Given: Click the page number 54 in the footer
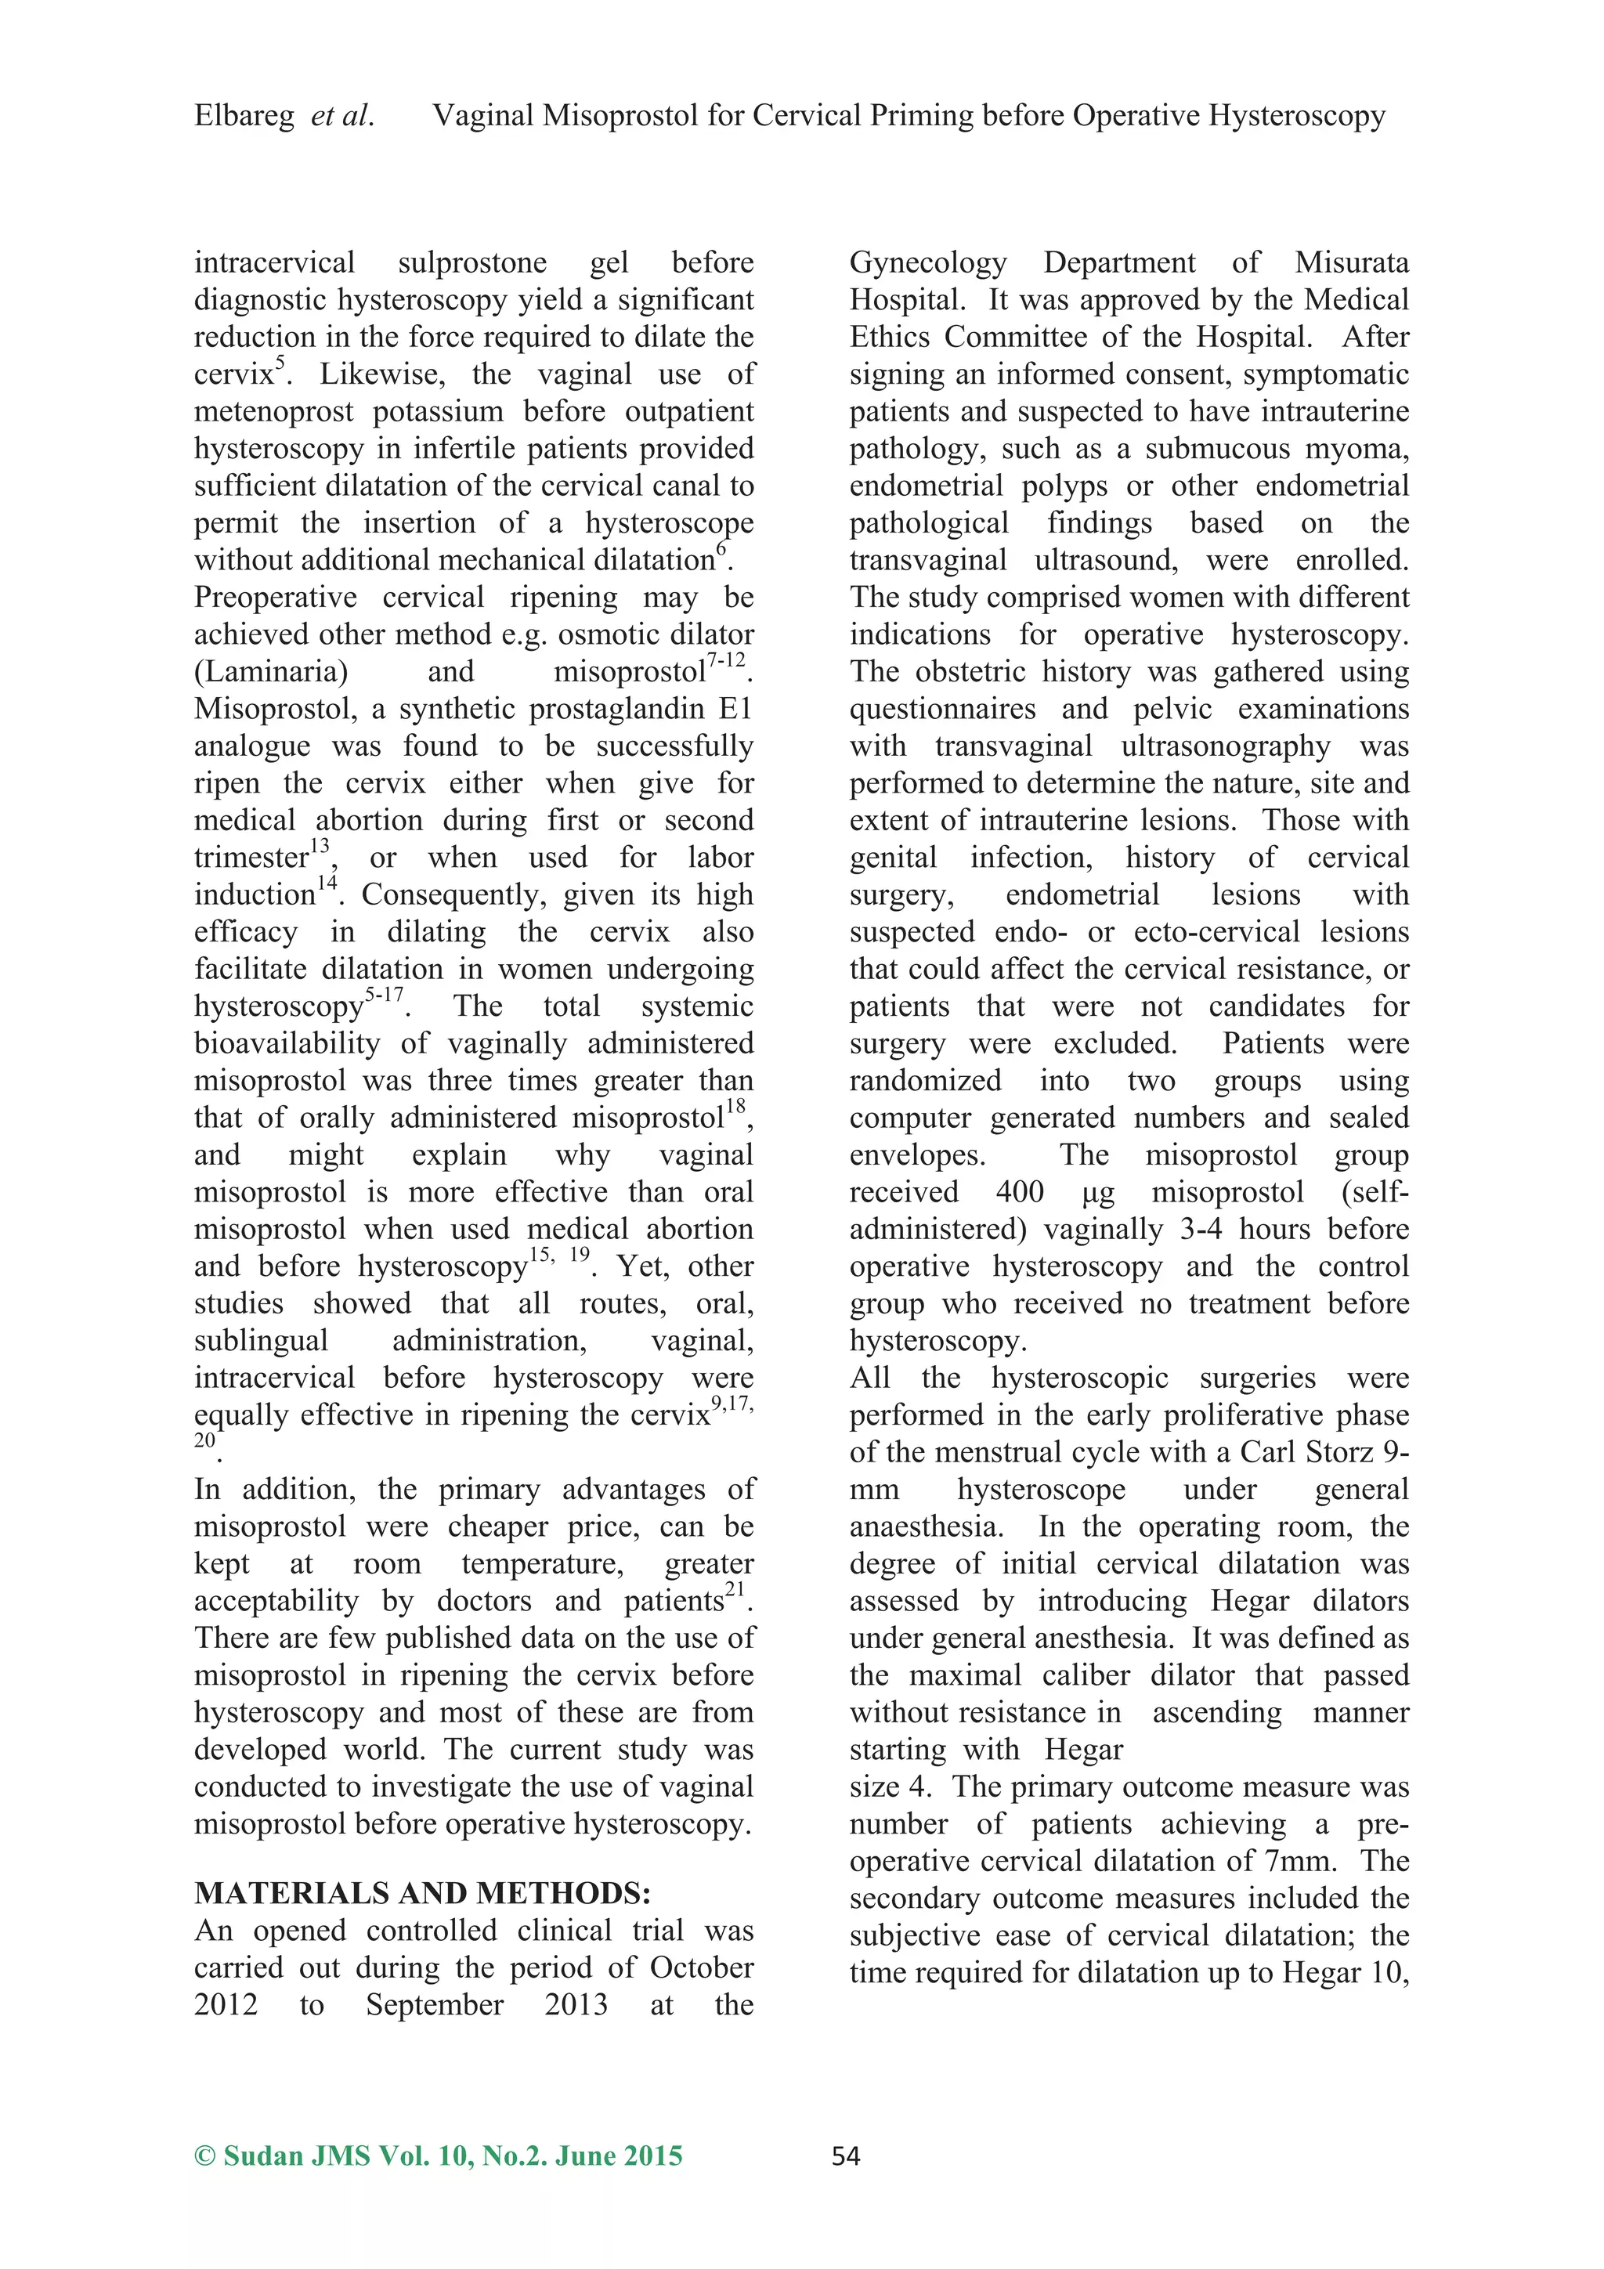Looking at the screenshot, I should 845,2156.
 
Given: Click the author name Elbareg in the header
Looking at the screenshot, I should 244,117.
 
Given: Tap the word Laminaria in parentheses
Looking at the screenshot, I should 272,672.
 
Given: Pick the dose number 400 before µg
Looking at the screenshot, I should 1019,1192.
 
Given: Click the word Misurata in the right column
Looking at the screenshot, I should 1351,263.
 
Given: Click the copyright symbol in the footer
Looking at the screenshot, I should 204,2156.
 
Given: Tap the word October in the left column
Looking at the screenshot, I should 701,1967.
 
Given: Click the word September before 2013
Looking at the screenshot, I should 435,2004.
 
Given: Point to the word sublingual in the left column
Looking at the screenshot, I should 261,1340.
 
